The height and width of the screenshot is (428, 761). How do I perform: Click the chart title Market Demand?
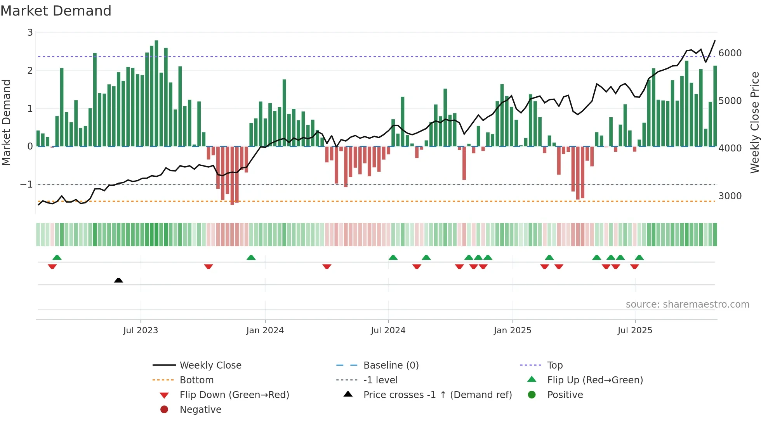point(56,11)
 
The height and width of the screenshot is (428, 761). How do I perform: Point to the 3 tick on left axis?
point(30,33)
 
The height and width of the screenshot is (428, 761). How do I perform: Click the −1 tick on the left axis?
point(27,184)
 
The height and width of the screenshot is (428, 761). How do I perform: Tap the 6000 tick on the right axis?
point(730,53)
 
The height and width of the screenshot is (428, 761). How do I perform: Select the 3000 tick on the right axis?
point(730,196)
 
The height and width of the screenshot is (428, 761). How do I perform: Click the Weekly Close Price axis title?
point(754,122)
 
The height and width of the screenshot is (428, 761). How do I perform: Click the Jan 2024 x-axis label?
point(265,331)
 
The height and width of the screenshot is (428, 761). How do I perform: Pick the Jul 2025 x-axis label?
point(635,331)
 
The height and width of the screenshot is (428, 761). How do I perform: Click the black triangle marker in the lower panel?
point(118,280)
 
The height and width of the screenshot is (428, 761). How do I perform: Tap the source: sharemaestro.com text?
point(687,304)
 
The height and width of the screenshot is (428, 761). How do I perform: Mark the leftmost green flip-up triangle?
point(57,257)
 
